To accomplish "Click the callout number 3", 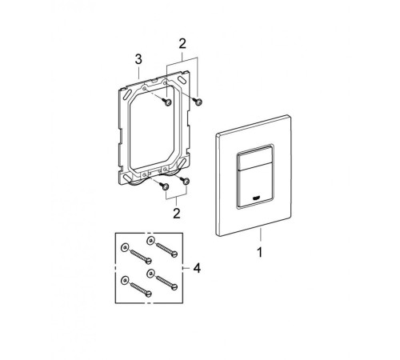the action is click(x=138, y=59).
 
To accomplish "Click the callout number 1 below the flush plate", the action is click(x=259, y=252).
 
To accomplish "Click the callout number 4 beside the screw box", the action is click(x=197, y=268).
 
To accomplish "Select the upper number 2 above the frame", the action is click(x=182, y=44).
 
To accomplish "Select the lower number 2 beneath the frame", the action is click(x=177, y=213).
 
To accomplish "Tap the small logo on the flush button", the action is click(x=256, y=198).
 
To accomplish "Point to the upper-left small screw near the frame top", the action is click(x=166, y=102).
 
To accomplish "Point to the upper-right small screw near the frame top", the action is click(x=198, y=102).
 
